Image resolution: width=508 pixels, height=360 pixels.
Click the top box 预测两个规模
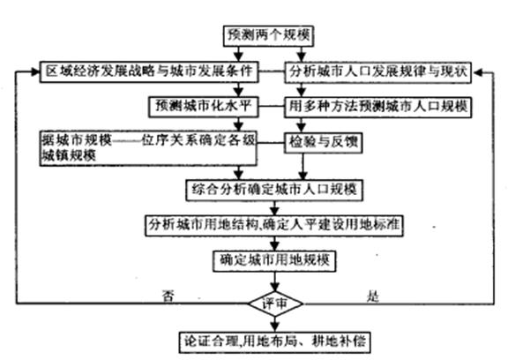click(x=268, y=35)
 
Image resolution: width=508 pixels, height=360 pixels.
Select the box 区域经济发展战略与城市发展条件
click(x=149, y=71)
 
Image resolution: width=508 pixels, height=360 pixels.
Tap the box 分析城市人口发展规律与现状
click(x=377, y=72)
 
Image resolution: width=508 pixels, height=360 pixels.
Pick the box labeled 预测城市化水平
click(x=204, y=107)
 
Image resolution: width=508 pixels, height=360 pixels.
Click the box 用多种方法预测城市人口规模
click(x=377, y=107)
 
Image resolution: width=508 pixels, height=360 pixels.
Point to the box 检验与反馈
click(x=323, y=143)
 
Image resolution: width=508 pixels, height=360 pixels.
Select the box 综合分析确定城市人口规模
click(x=274, y=191)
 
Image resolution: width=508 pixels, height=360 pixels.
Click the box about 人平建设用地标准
click(x=274, y=225)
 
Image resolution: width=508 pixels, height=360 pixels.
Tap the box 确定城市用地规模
click(x=274, y=261)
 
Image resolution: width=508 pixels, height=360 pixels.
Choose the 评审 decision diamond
click(x=275, y=304)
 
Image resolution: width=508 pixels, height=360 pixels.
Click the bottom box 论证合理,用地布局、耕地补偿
click(x=275, y=341)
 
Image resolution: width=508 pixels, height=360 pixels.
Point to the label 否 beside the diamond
click(x=168, y=296)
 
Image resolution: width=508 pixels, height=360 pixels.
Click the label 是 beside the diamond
click(x=373, y=296)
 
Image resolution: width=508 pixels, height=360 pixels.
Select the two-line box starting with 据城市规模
click(x=148, y=148)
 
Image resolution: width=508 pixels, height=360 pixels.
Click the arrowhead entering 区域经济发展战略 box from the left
click(x=35, y=72)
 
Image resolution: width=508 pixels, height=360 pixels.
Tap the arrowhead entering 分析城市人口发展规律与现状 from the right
click(x=477, y=72)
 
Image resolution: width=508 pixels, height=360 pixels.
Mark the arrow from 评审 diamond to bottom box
click(x=275, y=324)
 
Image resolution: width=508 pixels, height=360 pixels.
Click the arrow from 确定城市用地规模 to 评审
click(x=275, y=281)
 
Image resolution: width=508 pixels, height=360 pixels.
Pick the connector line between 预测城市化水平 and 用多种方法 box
click(x=272, y=107)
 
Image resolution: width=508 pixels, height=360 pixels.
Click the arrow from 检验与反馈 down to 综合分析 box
click(x=303, y=167)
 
